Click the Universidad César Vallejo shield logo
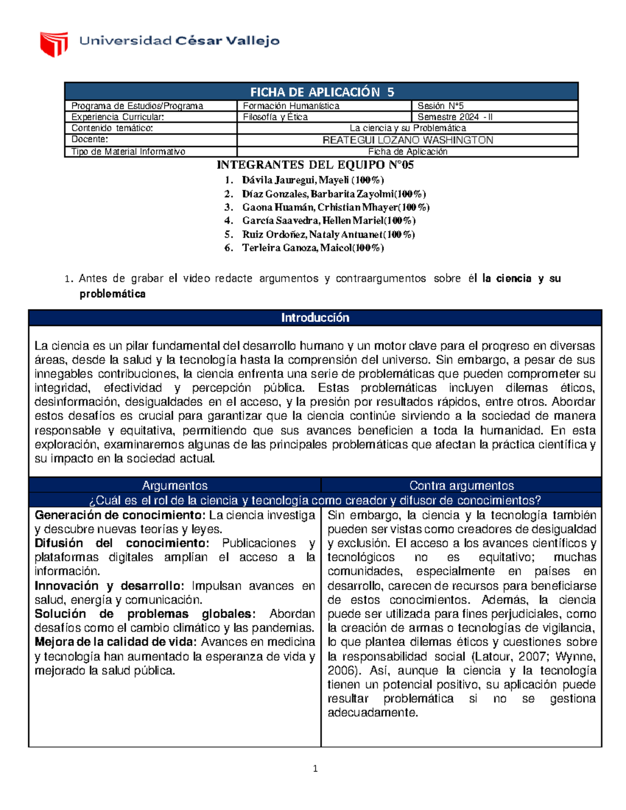tap(54, 43)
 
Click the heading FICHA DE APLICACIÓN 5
tap(322, 92)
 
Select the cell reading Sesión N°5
tap(440, 106)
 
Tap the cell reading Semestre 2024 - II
tap(454, 117)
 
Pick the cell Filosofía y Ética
tap(275, 117)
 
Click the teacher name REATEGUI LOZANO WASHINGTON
tap(407, 140)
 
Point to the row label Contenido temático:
tap(112, 128)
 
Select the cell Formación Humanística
tap(291, 106)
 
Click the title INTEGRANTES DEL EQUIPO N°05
tap(315, 165)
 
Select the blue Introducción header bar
tap(315, 318)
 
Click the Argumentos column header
tap(175, 486)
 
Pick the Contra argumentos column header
tap(462, 486)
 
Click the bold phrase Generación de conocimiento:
tap(121, 515)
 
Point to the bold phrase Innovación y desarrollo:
tap(109, 586)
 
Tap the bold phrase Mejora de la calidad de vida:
tap(116, 642)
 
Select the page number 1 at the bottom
tap(315, 768)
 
